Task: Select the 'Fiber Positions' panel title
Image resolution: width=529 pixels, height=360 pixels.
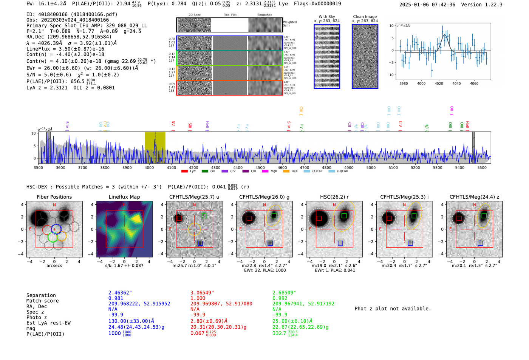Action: coord(54,197)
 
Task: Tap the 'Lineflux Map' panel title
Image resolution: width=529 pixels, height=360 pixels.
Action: coord(124,197)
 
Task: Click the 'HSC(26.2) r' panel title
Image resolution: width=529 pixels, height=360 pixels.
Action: coord(334,197)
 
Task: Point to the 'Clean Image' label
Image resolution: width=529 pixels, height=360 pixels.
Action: coord(365,17)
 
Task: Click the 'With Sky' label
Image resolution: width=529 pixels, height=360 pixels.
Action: coord(326,17)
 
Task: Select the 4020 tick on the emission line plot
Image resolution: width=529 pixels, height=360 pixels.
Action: coord(439,83)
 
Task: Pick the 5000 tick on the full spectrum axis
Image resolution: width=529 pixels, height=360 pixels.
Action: coord(371,168)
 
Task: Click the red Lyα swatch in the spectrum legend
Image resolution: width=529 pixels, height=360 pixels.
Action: coord(184,172)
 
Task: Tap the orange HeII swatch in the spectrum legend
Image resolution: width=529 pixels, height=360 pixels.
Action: coord(286,172)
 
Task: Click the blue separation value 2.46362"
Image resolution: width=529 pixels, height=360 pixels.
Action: coord(120,293)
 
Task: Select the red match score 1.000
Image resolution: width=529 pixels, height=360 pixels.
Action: coord(198,298)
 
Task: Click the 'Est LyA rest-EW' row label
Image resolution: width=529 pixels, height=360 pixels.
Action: coord(48,323)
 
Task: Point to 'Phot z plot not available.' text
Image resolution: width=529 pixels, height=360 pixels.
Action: coord(393,309)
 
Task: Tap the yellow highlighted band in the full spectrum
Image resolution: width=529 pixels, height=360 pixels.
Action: coord(155,147)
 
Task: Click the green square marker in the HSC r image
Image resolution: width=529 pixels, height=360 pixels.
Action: coord(344,216)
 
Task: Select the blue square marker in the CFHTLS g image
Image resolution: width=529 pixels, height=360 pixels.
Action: coord(270,243)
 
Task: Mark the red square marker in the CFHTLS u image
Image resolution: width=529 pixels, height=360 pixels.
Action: coord(179,218)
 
